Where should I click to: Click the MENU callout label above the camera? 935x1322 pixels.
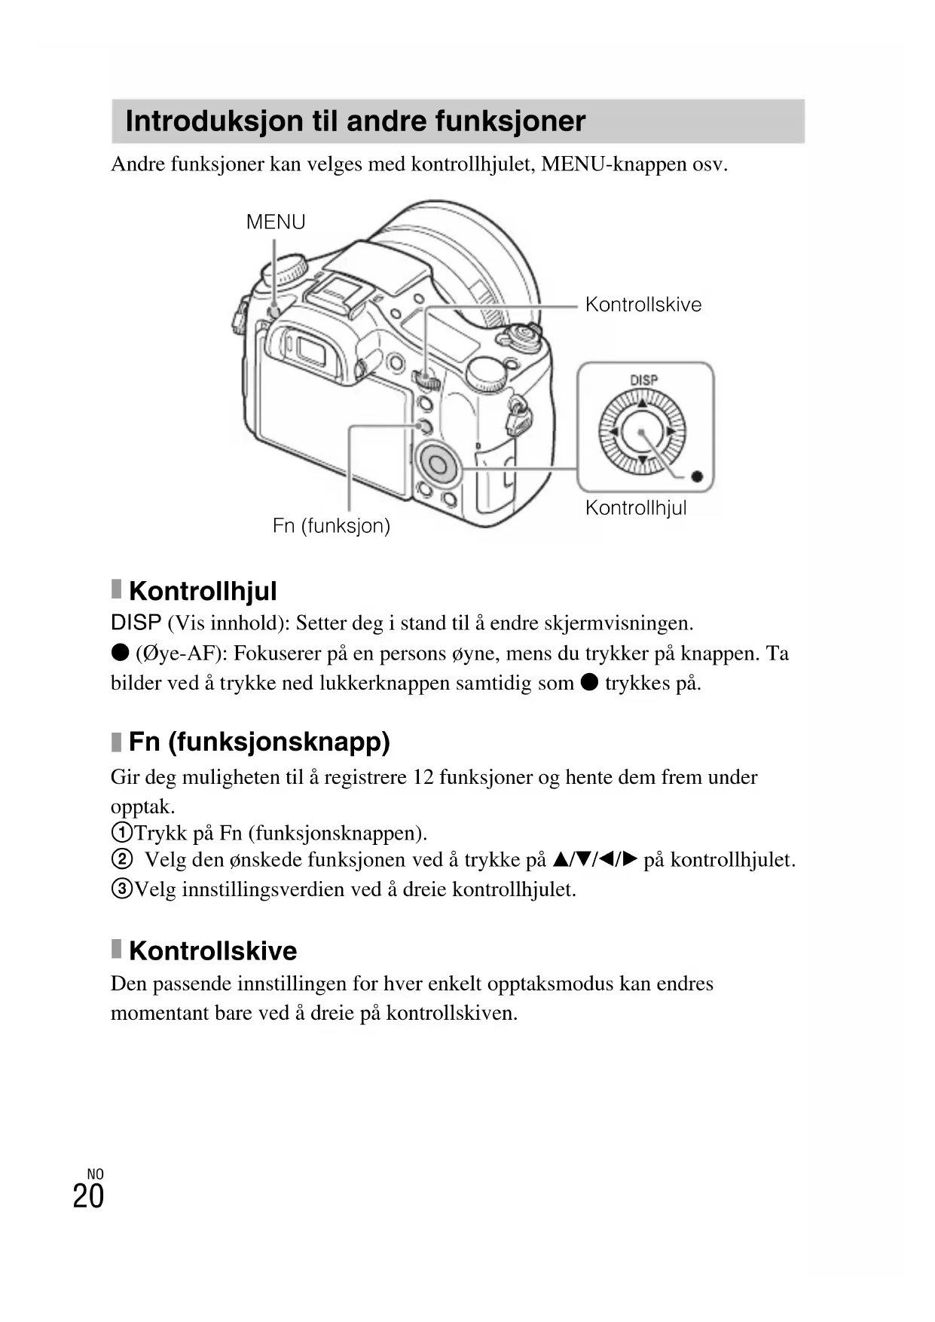point(276,222)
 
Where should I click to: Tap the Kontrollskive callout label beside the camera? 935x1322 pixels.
point(643,304)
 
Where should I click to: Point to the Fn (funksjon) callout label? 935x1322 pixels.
point(332,525)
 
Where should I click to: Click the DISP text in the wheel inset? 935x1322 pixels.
point(643,381)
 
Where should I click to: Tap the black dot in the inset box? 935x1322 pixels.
point(697,476)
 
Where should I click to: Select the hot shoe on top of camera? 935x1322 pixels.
point(339,290)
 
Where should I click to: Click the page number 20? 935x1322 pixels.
point(88,1197)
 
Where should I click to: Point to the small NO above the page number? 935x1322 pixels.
point(96,1174)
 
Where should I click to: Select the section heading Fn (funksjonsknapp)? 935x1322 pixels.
point(259,742)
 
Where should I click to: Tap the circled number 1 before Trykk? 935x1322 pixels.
point(121,833)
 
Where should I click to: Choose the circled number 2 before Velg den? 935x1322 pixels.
point(121,859)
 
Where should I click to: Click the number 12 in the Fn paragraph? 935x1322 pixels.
point(423,777)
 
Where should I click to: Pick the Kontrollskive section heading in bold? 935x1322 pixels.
point(212,950)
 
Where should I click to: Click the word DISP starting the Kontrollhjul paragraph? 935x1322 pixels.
point(136,623)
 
